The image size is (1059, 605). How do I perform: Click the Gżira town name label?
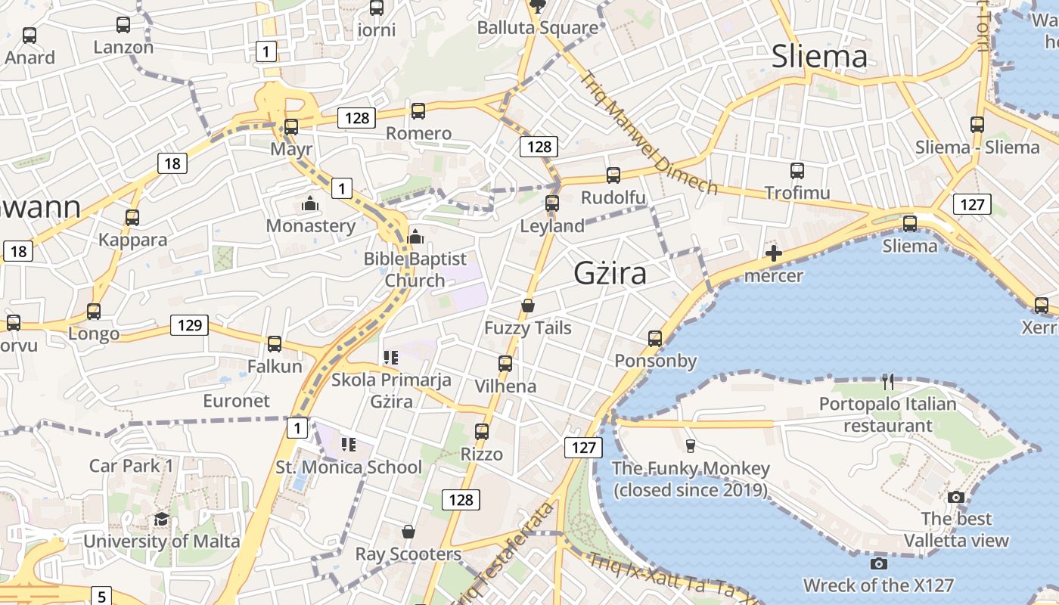[610, 273]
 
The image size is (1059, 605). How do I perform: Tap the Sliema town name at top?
[819, 56]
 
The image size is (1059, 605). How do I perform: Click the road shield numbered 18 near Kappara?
[172, 163]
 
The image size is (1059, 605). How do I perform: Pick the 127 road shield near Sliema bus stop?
[972, 204]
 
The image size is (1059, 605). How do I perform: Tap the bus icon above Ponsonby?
[655, 339]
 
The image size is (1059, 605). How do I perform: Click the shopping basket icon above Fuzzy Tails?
[528, 306]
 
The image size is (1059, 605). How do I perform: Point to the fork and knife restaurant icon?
[888, 382]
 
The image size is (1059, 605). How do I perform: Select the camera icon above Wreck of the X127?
[878, 563]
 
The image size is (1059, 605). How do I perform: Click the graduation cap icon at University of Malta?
[161, 519]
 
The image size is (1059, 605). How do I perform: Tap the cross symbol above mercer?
[773, 254]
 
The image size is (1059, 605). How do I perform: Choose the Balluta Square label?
[537, 28]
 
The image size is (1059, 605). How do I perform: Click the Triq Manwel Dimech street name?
[649, 133]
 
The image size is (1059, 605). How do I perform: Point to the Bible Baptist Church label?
[415, 269]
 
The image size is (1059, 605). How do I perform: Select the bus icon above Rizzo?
[482, 432]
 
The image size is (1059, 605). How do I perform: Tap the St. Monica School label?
[349, 467]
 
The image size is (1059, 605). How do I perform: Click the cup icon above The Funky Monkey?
[690, 446]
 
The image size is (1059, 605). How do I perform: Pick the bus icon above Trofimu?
[797, 171]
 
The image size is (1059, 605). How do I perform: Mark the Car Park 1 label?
[132, 465]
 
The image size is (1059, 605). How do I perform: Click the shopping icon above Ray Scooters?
[408, 532]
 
